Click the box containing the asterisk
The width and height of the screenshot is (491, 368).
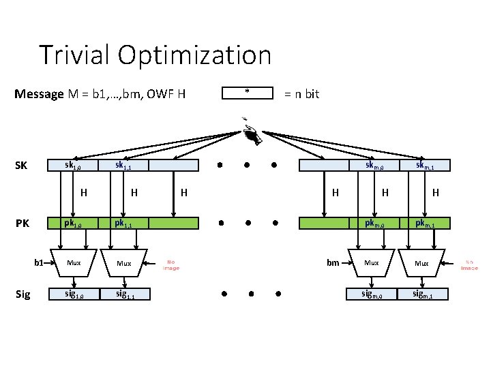click(247, 93)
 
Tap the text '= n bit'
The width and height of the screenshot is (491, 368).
click(301, 94)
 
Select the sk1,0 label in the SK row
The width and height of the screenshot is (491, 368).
click(73, 166)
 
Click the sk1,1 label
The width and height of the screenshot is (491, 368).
click(124, 166)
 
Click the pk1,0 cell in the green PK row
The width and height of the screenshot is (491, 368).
click(73, 222)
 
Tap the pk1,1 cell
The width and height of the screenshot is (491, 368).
click(124, 222)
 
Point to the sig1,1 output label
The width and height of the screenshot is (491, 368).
click(124, 294)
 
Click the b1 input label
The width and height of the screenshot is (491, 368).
click(40, 262)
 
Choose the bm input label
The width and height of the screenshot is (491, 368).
click(333, 262)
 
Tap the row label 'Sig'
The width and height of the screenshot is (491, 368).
click(23, 294)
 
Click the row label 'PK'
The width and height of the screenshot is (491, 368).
click(23, 222)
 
